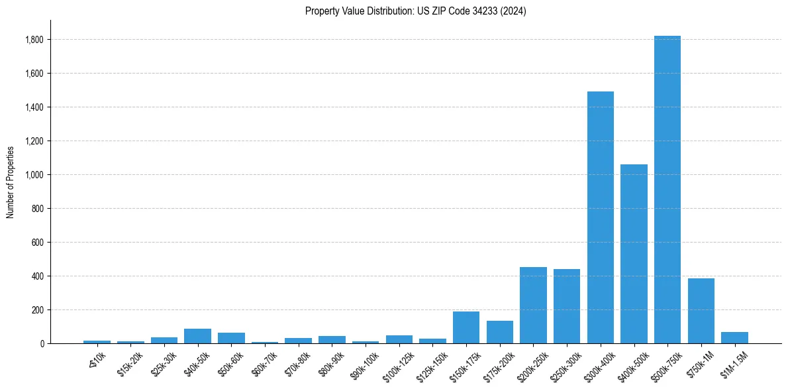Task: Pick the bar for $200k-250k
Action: tap(533, 305)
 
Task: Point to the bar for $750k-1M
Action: tap(701, 311)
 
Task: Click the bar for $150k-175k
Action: tap(466, 327)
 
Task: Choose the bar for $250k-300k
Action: tap(567, 306)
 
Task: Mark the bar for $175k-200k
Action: tap(499, 332)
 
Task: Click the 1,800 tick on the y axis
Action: tap(34, 40)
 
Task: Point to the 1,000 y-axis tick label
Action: tap(34, 175)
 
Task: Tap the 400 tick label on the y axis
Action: tap(38, 276)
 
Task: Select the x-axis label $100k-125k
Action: tap(397, 368)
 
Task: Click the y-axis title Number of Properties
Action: tap(10, 182)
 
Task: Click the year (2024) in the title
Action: tap(514, 11)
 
